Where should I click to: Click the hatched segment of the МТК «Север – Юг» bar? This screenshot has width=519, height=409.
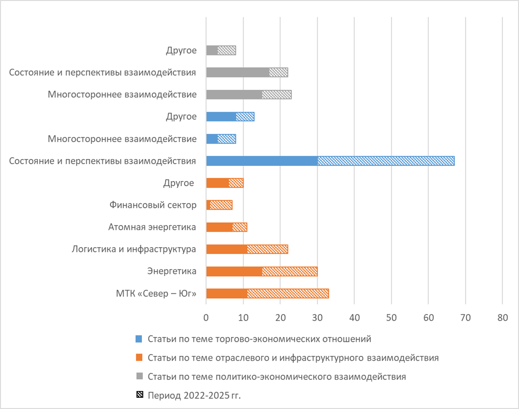point(288,293)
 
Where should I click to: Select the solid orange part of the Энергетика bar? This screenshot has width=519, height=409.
point(234,271)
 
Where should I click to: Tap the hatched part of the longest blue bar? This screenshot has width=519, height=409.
point(386,161)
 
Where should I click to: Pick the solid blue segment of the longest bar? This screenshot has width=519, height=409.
point(261,161)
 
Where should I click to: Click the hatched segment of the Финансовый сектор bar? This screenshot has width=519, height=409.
point(221,205)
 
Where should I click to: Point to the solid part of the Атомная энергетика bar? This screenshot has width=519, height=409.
point(219,227)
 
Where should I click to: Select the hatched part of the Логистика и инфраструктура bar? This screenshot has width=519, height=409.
point(268,249)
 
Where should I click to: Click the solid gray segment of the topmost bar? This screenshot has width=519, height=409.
point(212,50)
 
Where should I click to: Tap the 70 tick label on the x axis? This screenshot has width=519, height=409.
point(465,318)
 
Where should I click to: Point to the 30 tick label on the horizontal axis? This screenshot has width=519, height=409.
point(317,318)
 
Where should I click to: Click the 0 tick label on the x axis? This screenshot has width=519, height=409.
point(206,318)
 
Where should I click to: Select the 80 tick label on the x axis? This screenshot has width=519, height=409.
point(503,318)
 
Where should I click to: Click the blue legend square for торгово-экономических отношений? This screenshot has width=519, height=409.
point(139,339)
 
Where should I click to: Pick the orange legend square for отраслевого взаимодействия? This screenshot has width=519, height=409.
point(139,358)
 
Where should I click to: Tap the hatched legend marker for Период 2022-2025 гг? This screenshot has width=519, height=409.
point(140,395)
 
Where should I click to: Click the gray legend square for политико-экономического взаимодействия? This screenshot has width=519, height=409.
point(139,376)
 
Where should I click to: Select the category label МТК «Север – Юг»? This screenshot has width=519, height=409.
point(156,294)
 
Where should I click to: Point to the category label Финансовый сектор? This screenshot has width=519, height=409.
point(153,205)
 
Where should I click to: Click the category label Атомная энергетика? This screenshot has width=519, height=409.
point(152,227)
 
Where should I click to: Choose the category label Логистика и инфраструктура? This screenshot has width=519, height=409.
point(134,249)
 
